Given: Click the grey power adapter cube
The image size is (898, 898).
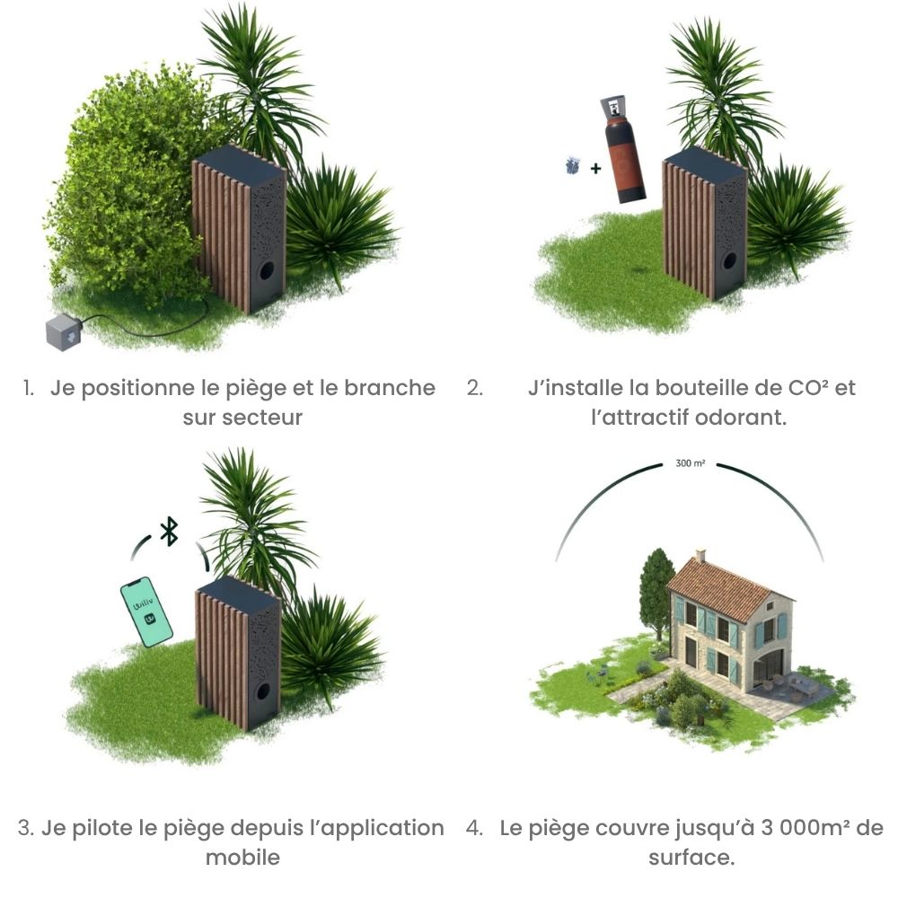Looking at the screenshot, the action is (64, 331).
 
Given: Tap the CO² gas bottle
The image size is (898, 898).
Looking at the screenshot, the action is (623, 149).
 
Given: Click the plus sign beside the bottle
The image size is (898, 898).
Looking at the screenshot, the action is (595, 169).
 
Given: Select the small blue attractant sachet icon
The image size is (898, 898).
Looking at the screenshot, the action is (572, 165).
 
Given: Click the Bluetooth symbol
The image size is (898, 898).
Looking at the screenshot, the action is (169, 532).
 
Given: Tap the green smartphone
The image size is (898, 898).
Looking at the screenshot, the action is (146, 612).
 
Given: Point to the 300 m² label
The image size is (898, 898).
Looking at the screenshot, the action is (690, 463).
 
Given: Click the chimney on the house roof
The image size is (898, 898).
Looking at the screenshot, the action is (700, 556).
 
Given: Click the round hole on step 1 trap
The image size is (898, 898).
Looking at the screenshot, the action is (267, 271).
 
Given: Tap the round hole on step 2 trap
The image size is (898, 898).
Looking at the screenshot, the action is (729, 261).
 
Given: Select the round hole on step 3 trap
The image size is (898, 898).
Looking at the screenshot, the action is (263, 691).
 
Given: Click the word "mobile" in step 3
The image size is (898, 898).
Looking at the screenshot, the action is (242, 858).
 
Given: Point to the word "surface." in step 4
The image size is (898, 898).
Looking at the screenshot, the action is (691, 858).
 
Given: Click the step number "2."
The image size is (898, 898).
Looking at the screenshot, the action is (475, 388).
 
